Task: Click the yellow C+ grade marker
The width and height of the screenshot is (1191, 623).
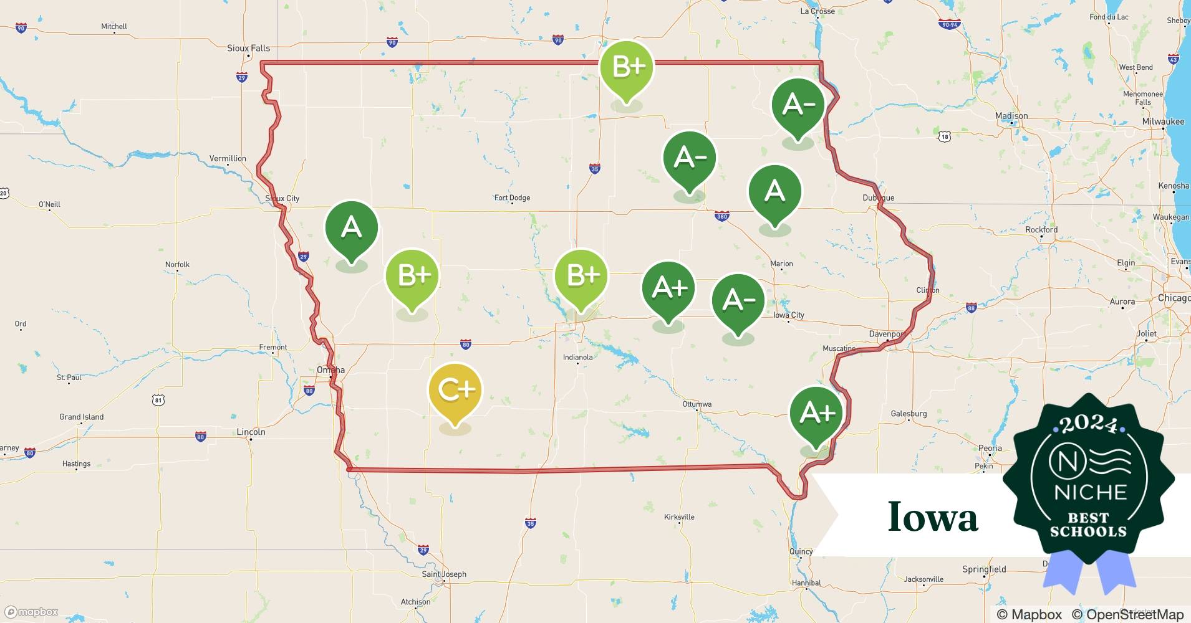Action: point(455,391)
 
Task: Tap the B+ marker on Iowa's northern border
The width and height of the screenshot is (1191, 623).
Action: point(627,67)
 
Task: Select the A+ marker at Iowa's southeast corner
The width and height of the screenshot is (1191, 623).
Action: point(816,413)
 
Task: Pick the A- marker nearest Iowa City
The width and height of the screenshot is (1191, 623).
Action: point(738,300)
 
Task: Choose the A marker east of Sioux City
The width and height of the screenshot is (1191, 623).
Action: point(352,227)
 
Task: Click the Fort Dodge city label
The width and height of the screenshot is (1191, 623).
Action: point(512,198)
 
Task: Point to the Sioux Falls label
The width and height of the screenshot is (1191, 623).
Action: point(248,48)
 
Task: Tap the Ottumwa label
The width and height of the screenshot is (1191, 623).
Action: point(697,404)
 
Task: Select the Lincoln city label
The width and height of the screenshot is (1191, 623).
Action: point(251,432)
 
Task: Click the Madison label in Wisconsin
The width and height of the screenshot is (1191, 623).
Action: point(1011,116)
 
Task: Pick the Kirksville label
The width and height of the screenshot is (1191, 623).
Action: point(679,517)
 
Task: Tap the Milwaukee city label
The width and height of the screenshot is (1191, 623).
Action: point(1163,121)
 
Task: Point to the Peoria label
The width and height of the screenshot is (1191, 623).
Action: point(990,448)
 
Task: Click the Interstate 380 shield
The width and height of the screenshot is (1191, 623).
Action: point(721,217)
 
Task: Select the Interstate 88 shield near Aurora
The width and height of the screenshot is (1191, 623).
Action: point(971,308)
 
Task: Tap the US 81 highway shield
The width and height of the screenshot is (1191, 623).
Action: point(158,400)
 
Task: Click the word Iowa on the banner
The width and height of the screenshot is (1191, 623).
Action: point(933,517)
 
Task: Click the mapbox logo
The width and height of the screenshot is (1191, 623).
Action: point(31,612)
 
